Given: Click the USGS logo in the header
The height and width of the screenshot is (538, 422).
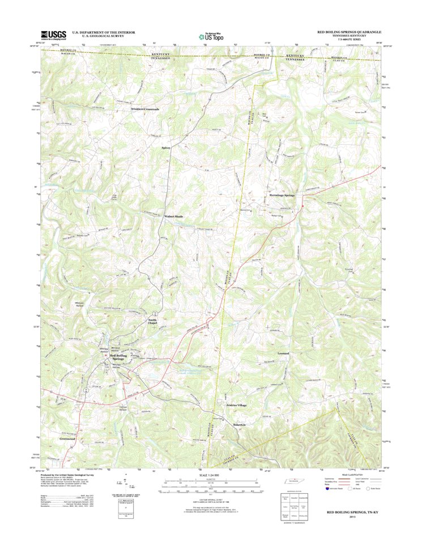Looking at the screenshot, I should coord(53,34).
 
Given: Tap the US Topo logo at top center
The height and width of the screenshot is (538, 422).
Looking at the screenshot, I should coord(211,35).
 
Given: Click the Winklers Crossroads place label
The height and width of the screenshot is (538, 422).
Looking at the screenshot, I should coord(145,109).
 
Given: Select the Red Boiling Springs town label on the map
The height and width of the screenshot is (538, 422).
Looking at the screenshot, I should coord(118,357).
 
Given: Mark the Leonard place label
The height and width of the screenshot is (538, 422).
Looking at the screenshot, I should coord(283,354).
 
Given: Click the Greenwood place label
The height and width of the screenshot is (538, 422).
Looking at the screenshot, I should coord(67,439).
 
